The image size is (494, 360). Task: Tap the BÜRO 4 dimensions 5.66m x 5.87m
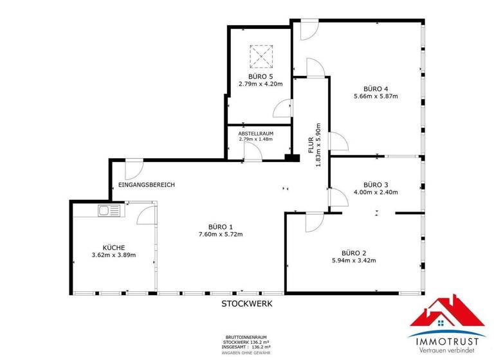(376, 96)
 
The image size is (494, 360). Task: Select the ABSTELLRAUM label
(256, 133)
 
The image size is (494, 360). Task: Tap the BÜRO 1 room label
(221, 226)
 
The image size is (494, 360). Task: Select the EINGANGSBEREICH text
(147, 185)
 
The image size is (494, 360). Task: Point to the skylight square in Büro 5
(261, 56)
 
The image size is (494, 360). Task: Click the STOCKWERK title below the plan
(247, 303)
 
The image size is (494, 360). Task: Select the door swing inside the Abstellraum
(250, 152)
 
